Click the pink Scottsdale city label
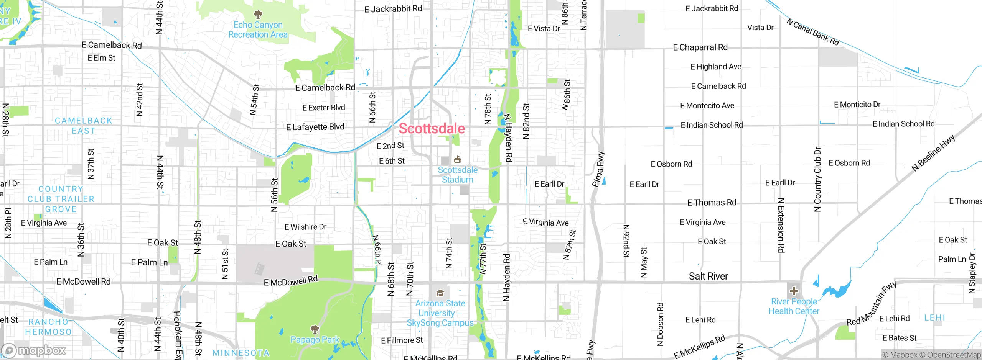pyautogui.click(x=432, y=129)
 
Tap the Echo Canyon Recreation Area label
pyautogui.click(x=258, y=29)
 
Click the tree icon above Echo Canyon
pyautogui.click(x=258, y=15)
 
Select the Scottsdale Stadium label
pyautogui.click(x=458, y=175)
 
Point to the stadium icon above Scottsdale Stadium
pyautogui.click(x=458, y=160)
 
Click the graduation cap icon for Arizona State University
pyautogui.click(x=440, y=293)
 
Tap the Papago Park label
pyautogui.click(x=315, y=340)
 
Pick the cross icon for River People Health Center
pyautogui.click(x=794, y=291)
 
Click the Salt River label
pyautogui.click(x=708, y=276)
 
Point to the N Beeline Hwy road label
pyautogui.click(x=933, y=153)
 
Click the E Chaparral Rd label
pyautogui.click(x=700, y=47)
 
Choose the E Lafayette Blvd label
pyautogui.click(x=315, y=127)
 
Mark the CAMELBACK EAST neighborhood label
pyautogui.click(x=84, y=126)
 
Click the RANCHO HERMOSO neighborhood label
pyautogui.click(x=48, y=327)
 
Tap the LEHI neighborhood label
pyautogui.click(x=934, y=317)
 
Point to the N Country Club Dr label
pyautogui.click(x=817, y=179)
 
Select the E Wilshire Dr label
pyautogui.click(x=305, y=227)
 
